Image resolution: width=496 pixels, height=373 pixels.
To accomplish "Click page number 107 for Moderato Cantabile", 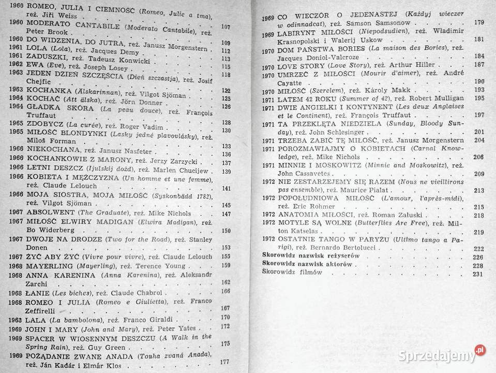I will pyautogui.click(x=226, y=26).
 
